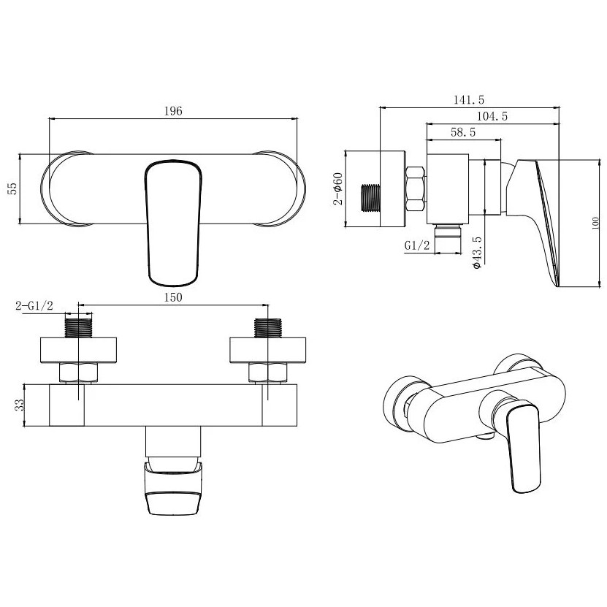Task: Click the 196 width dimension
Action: tap(173, 112)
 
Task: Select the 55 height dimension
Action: tap(12, 188)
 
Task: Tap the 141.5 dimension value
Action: tap(469, 100)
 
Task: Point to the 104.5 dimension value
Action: tap(492, 116)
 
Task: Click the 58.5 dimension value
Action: tap(463, 132)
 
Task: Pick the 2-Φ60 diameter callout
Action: tap(338, 188)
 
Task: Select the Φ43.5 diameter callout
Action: tap(477, 253)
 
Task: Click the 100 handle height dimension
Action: tap(595, 224)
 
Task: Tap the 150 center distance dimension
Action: tap(173, 297)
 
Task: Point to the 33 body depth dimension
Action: tap(19, 405)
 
